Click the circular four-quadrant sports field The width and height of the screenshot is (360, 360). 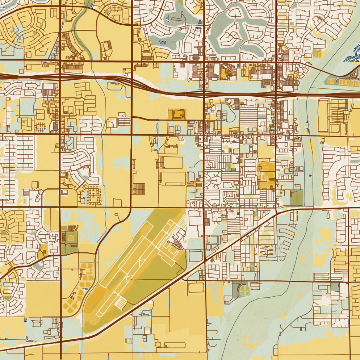pos(245,290)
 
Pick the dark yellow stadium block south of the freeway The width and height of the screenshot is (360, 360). pos(176,114)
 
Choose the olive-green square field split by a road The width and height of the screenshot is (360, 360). pos(296,198)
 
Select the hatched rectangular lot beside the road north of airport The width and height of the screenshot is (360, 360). pos(138,189)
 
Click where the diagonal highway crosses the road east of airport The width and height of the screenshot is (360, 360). pos(205,260)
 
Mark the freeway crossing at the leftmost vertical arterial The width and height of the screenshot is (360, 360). pos(60,76)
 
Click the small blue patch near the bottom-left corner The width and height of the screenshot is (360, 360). pos(25,320)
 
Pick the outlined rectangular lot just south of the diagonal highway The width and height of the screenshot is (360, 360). pos(196,288)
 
